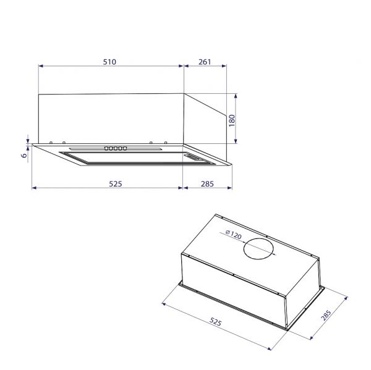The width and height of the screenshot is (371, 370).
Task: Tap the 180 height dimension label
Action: point(232,119)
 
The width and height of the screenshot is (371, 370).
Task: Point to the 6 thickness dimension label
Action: point(24,156)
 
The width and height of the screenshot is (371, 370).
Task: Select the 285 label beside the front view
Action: point(207,183)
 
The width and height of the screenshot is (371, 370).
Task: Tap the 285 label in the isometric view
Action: point(326,316)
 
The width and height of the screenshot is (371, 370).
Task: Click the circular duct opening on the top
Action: point(257,249)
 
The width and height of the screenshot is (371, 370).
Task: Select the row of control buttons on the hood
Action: point(116,148)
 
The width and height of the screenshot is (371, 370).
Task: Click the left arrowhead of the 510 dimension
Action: point(40,66)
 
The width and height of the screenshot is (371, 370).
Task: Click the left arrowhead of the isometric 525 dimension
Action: point(163,303)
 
